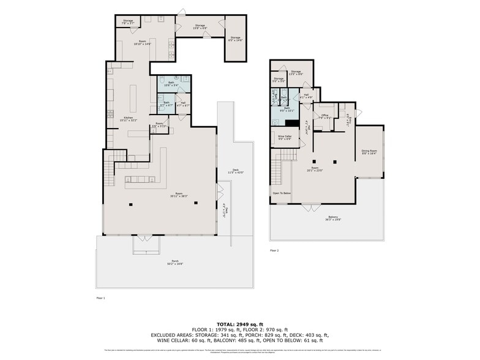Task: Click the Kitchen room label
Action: click(129, 119)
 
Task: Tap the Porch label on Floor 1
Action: click(174, 264)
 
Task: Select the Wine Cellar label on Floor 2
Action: click(285, 138)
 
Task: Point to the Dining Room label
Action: click(369, 152)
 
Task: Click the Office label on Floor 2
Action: click(325, 116)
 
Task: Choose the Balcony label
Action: click(333, 218)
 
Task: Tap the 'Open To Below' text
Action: click(282, 193)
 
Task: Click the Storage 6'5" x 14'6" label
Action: click(236, 39)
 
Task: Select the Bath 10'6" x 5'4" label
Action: click(173, 85)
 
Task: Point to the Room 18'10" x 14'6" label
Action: click(141, 43)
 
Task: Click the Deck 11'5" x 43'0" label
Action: click(235, 172)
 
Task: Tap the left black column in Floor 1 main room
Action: click(130, 203)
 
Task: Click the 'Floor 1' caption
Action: click(101, 298)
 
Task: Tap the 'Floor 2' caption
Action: click(275, 250)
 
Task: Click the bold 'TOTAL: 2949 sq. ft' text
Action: click(239, 324)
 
